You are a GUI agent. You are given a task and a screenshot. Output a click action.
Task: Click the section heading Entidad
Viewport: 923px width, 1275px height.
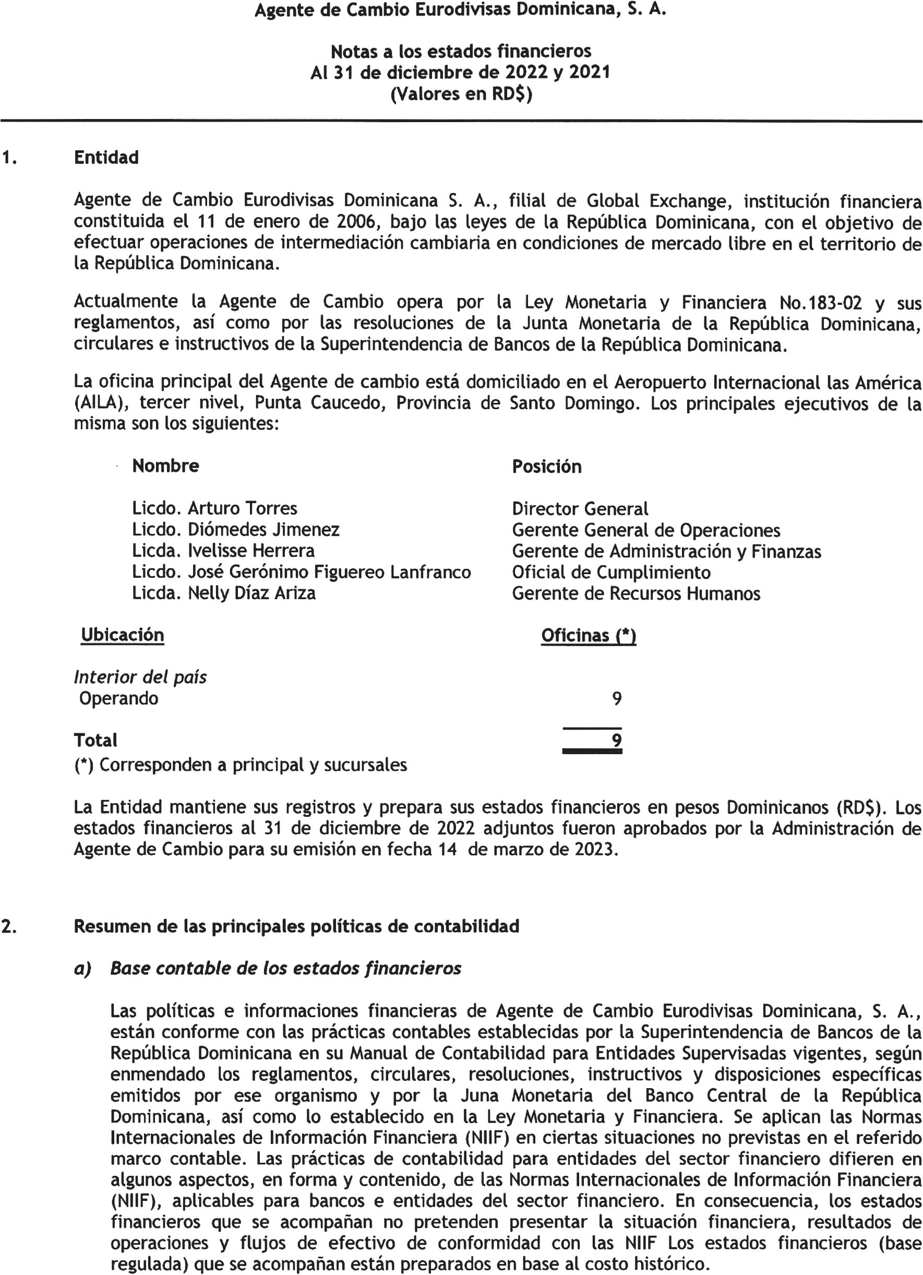click(x=106, y=158)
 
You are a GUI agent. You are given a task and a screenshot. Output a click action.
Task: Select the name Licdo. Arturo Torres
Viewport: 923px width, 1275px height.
click(x=214, y=509)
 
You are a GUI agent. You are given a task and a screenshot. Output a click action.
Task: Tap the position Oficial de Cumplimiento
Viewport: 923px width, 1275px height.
click(x=611, y=573)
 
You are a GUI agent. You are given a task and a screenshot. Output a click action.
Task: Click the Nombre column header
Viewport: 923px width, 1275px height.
click(x=165, y=466)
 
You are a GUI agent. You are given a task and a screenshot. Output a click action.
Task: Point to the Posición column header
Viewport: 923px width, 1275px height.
click(x=546, y=467)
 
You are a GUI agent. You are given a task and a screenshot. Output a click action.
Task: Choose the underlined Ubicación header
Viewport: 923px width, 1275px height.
click(x=123, y=635)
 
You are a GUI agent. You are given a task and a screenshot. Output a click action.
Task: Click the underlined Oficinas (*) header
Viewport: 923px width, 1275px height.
click(x=588, y=636)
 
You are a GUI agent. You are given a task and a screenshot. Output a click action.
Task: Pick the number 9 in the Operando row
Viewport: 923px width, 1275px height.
click(x=617, y=699)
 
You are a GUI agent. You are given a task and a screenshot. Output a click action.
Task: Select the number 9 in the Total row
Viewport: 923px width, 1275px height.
click(x=617, y=741)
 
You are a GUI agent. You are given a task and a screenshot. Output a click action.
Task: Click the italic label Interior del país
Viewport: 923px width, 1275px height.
click(x=140, y=677)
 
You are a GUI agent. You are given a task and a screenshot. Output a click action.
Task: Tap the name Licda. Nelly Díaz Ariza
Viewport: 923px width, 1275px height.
click(x=224, y=593)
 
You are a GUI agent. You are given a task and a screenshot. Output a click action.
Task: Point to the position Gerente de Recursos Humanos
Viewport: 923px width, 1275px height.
click(x=636, y=594)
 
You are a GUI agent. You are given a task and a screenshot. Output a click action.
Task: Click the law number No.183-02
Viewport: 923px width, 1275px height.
click(x=821, y=303)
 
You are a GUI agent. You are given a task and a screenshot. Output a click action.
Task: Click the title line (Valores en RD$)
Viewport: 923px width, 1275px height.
click(x=461, y=94)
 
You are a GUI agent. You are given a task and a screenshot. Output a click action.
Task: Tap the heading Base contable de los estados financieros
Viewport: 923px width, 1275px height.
click(x=285, y=969)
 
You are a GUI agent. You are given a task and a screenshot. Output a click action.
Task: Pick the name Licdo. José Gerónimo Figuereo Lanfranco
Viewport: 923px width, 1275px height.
click(x=301, y=573)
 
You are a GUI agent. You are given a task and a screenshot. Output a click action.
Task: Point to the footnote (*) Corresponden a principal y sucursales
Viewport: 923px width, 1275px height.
click(x=241, y=766)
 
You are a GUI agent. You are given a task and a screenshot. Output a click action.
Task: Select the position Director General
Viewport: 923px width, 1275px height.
click(x=580, y=509)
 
